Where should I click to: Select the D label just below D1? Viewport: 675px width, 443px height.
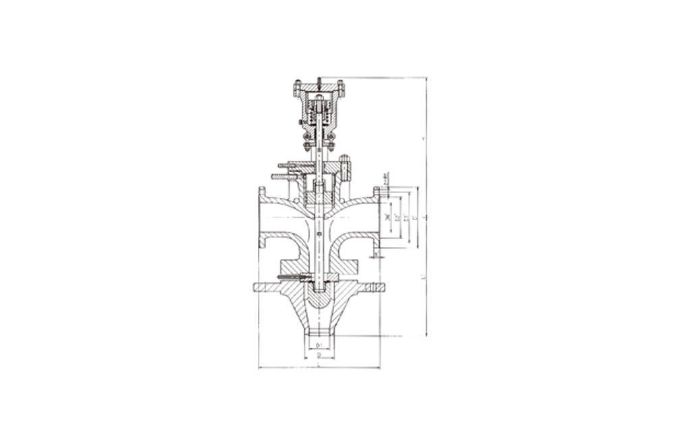[317, 355]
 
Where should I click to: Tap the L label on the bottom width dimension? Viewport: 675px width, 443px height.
[317, 365]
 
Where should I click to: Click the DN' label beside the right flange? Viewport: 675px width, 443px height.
[387, 217]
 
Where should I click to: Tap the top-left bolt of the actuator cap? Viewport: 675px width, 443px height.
[296, 87]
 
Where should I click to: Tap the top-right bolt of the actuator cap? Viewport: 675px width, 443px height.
[341, 87]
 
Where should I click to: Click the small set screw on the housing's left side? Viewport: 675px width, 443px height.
[298, 122]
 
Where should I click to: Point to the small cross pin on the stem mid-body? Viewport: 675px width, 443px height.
[318, 234]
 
